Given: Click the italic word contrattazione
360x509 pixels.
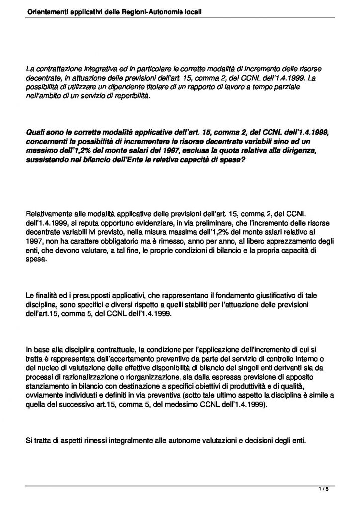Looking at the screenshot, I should [x=60, y=70].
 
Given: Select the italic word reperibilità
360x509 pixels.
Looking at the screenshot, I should [x=127, y=95].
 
